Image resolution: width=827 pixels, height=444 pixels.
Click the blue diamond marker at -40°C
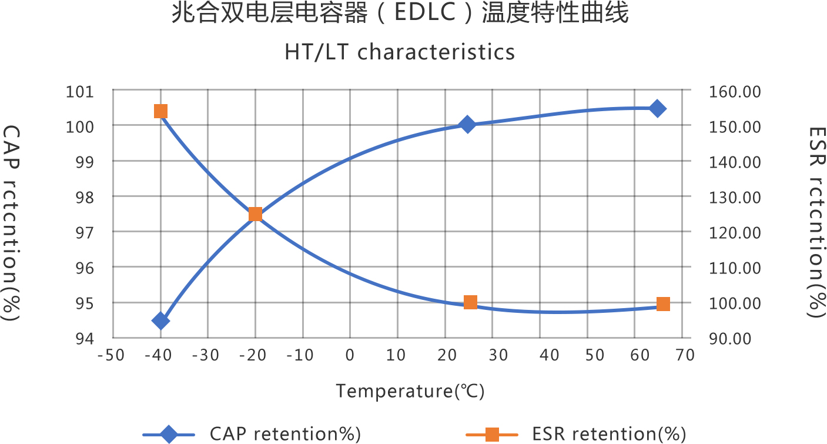click(160, 321)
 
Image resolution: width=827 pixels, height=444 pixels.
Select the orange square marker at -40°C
click(160, 112)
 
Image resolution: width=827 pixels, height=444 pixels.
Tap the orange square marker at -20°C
click(255, 214)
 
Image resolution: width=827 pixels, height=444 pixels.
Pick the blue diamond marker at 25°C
click(467, 124)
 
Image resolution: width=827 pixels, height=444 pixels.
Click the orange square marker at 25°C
click(470, 302)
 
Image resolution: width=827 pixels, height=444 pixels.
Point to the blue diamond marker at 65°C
click(658, 108)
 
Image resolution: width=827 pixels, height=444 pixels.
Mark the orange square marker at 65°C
click(663, 304)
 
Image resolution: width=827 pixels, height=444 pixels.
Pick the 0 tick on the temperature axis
click(350, 355)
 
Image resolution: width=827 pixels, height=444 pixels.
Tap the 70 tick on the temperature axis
click(682, 355)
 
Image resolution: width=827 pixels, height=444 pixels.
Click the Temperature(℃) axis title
click(410, 390)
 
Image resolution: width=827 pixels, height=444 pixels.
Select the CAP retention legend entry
click(285, 434)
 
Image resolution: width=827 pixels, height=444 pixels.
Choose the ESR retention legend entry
click(609, 434)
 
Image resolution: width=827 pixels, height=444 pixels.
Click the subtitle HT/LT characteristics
click(400, 52)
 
